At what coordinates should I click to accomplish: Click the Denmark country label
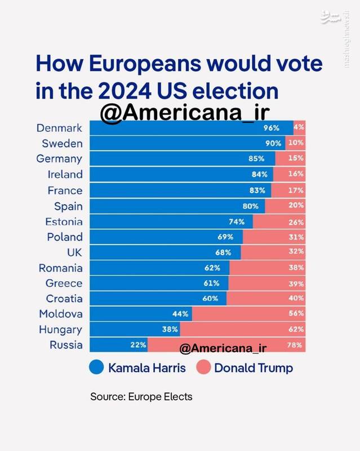[59, 128]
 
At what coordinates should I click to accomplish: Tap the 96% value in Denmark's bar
[272, 128]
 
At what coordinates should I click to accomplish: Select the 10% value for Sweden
[296, 143]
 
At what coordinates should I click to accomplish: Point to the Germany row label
[59, 159]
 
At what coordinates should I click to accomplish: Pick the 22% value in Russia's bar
[139, 344]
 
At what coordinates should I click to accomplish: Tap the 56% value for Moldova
[296, 313]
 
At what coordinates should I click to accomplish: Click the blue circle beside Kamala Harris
[97, 368]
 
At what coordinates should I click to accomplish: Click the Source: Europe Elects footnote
[141, 397]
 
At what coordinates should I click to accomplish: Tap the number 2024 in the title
[124, 91]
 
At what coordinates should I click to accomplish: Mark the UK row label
[74, 252]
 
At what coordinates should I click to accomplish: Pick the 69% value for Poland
[233, 236]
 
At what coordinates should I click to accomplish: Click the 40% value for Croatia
[296, 298]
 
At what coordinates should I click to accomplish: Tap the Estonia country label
[64, 221]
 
